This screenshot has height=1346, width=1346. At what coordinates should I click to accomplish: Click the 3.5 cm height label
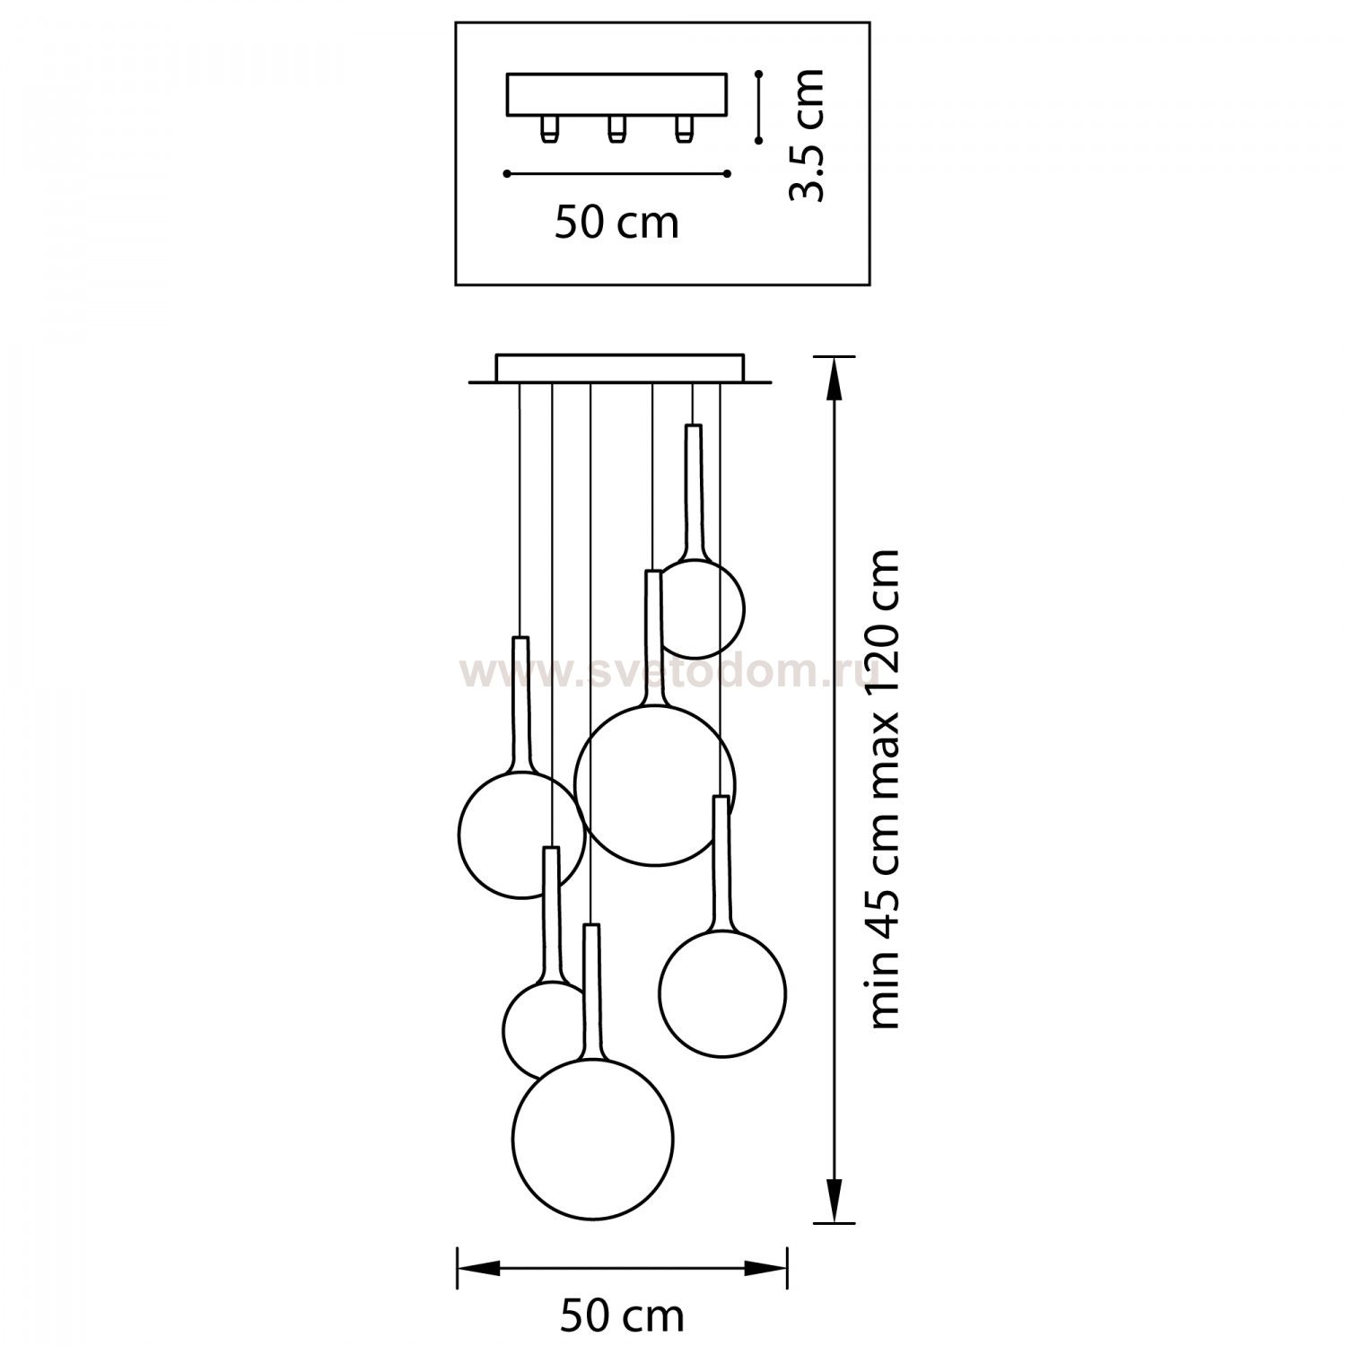point(805,135)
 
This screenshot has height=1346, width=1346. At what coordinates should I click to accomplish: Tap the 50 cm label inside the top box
point(616,223)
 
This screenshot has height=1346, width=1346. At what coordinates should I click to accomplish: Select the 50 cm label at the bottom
point(623,1316)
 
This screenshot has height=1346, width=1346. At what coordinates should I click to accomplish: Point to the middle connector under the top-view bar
point(615,129)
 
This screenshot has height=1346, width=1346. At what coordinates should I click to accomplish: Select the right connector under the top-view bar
point(683,129)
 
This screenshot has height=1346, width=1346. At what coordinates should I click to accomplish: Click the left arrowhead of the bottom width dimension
point(479,1268)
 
